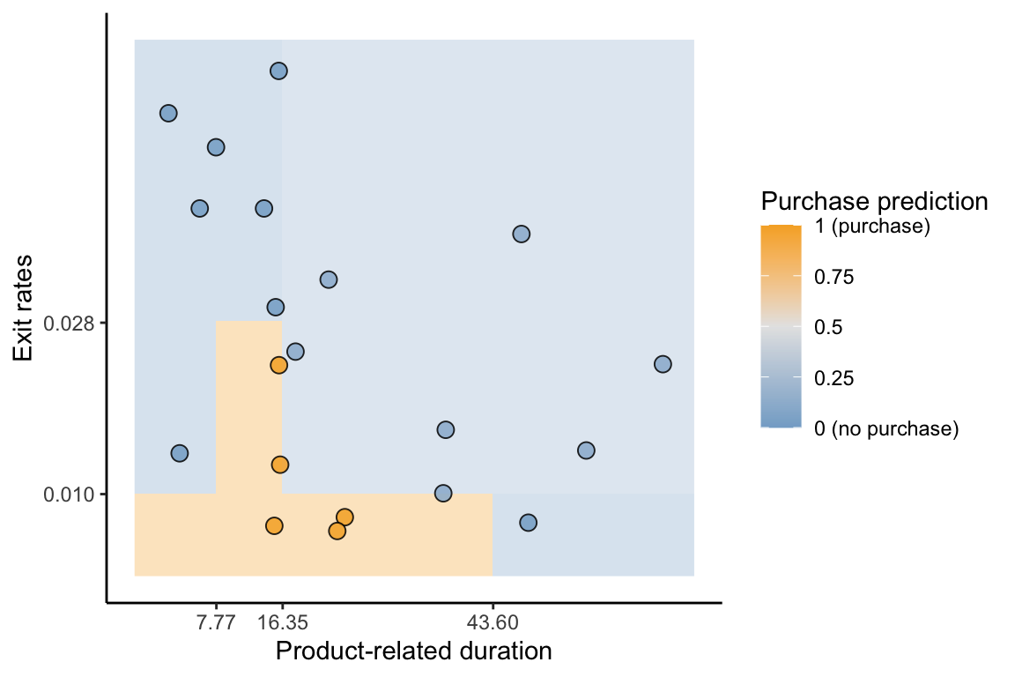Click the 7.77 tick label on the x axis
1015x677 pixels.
point(216,623)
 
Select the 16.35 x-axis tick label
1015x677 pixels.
point(282,623)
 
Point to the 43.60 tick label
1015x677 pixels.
point(493,623)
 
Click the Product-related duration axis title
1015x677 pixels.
point(413,651)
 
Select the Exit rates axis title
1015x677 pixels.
point(25,308)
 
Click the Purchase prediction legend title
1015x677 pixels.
point(874,201)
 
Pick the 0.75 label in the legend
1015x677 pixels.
point(834,278)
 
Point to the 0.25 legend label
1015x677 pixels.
point(834,378)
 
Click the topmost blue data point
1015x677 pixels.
point(278,71)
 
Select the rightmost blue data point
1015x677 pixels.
point(663,364)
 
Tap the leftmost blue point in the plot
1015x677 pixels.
point(168,113)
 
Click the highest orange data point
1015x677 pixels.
point(278,365)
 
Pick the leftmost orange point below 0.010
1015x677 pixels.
point(274,526)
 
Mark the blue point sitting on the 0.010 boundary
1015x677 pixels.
point(443,493)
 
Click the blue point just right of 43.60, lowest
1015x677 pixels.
point(528,523)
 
